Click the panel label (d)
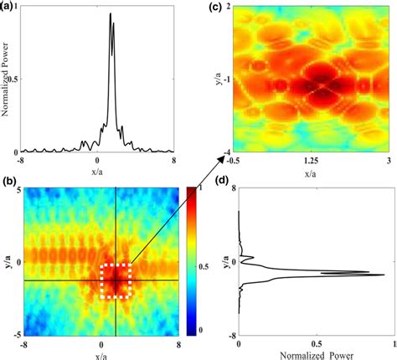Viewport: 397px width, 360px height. pyautogui.click(x=215, y=203)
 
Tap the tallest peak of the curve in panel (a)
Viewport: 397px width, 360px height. pyautogui.click(x=111, y=14)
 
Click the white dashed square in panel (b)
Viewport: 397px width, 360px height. pyautogui.click(x=116, y=280)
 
